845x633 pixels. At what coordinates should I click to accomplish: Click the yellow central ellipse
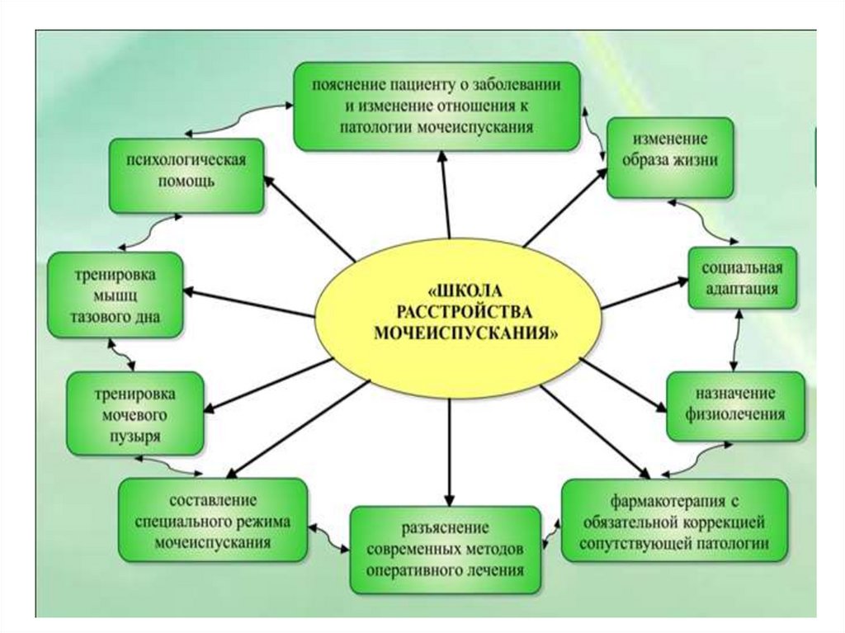[x=458, y=314]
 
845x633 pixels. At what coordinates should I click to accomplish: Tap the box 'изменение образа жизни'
[x=669, y=158]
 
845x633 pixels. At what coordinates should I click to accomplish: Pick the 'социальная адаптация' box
[x=743, y=278]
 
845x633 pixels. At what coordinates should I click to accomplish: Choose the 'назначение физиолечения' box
[x=735, y=404]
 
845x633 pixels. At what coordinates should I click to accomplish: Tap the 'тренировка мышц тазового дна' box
[x=115, y=295]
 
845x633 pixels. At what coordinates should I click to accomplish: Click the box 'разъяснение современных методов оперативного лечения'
[x=450, y=549]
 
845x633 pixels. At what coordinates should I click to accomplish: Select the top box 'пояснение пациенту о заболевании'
[x=437, y=107]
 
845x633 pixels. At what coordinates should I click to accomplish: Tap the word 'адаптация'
[x=743, y=289]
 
